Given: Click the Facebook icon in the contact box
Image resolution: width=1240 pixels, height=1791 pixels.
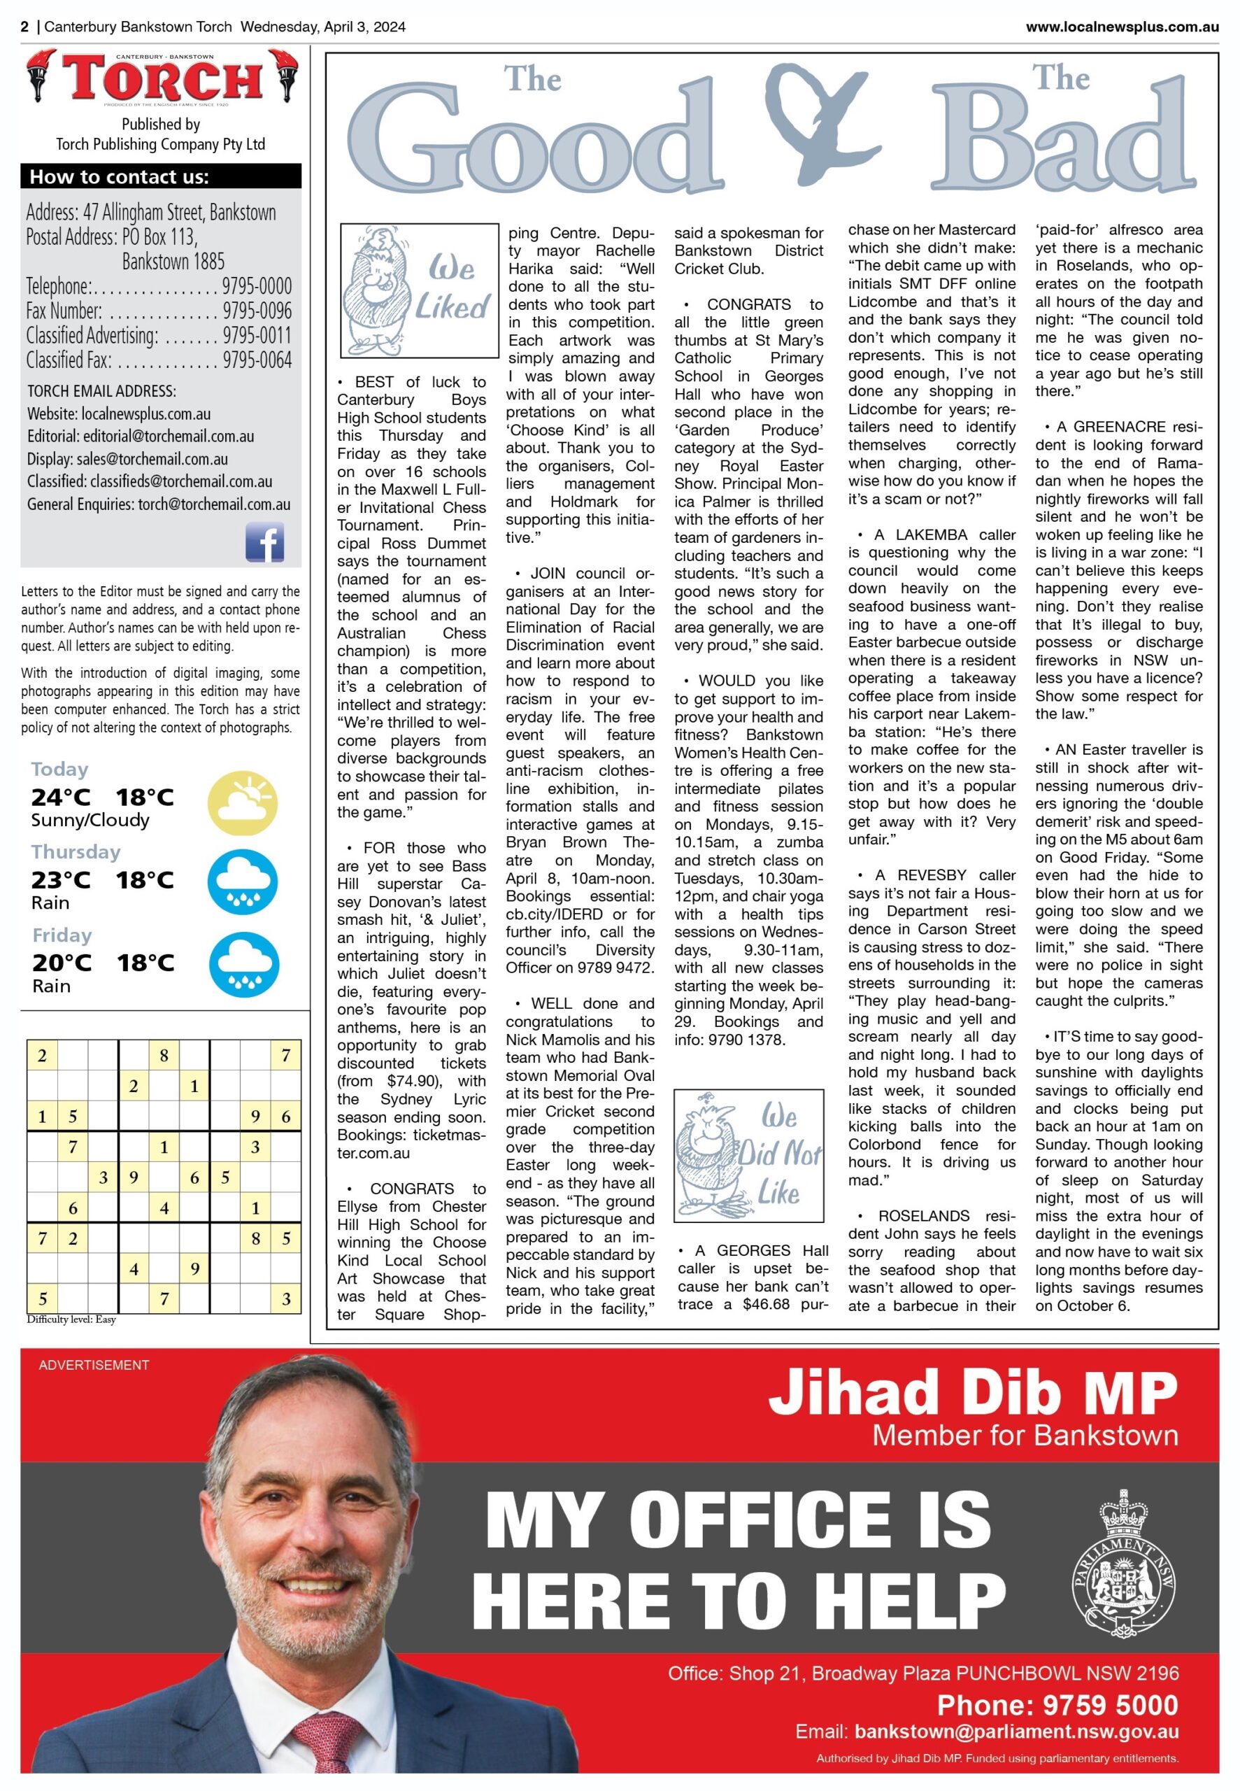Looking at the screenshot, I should (264, 541).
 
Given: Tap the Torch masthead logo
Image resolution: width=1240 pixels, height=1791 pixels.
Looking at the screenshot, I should (162, 78).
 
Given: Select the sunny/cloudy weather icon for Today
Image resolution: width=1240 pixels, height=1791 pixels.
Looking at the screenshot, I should (243, 802).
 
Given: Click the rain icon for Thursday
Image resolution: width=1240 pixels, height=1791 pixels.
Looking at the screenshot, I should (243, 882).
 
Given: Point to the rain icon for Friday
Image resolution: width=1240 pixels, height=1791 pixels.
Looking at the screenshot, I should (243, 964).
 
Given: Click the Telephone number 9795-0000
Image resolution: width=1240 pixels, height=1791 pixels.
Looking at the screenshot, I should (257, 286).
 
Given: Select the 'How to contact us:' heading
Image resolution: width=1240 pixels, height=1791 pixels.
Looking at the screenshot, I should (120, 177).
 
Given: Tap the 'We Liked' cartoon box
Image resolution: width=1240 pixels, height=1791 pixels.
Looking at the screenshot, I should (420, 290).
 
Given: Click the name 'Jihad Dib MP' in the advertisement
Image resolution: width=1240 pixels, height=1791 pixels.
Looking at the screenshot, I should (973, 1392).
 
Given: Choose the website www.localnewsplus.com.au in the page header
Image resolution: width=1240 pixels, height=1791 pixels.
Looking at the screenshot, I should (1122, 27).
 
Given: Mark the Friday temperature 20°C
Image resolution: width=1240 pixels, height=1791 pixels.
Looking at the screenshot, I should (62, 963).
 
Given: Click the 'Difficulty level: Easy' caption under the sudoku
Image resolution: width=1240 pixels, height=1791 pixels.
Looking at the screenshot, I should (71, 1319).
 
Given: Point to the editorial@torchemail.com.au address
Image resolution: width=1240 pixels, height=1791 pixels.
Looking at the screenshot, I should (169, 436).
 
